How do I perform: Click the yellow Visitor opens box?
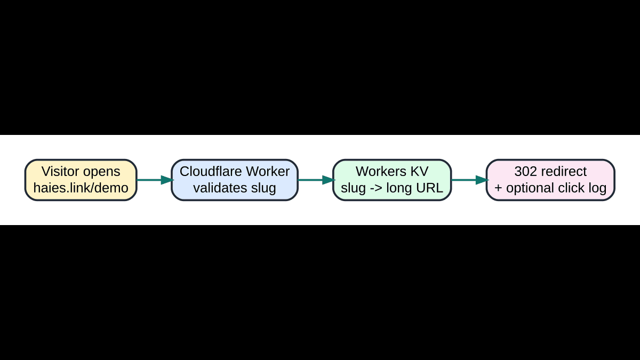[81, 180]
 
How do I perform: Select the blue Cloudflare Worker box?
[235, 180]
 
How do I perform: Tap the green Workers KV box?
[392, 180]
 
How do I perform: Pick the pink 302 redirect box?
[550, 180]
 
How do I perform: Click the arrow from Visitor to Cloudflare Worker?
[154, 180]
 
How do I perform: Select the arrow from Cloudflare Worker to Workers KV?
[315, 180]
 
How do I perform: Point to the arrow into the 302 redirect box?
[469, 180]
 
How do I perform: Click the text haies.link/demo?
[81, 188]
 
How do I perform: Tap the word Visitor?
[60, 172]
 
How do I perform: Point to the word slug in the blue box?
[263, 188]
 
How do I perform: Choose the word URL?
[429, 188]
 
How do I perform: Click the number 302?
[525, 172]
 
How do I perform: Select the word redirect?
[564, 172]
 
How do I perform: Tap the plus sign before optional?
[499, 188]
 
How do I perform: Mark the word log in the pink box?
[597, 188]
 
